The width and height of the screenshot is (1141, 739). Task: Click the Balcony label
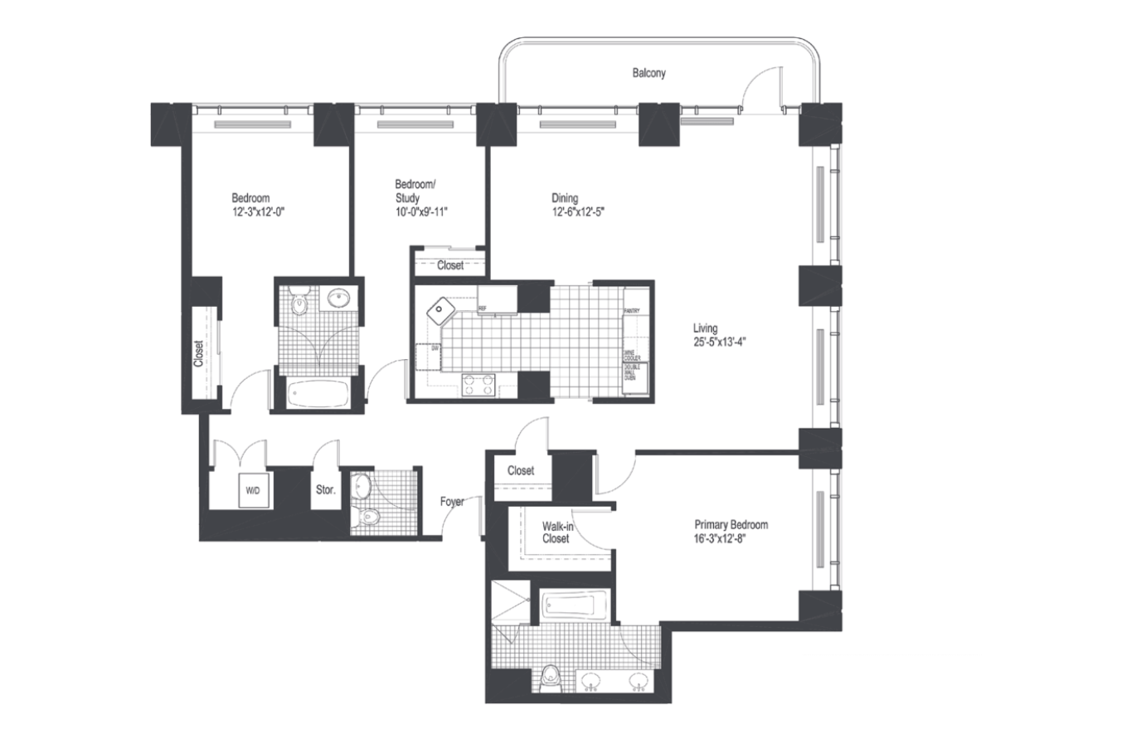648,73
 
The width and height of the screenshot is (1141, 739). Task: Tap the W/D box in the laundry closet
252,491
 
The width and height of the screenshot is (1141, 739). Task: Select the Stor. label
325,490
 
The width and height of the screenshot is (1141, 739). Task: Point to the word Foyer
452,502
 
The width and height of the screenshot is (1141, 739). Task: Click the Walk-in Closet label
556,532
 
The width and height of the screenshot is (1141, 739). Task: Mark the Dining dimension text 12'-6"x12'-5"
578,211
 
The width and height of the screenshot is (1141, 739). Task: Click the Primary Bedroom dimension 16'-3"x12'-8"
730,538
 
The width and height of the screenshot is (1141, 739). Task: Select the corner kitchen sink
440,311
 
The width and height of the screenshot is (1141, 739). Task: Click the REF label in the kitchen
482,309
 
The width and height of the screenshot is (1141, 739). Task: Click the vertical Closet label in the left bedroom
199,354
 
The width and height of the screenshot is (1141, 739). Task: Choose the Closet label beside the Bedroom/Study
450,265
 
